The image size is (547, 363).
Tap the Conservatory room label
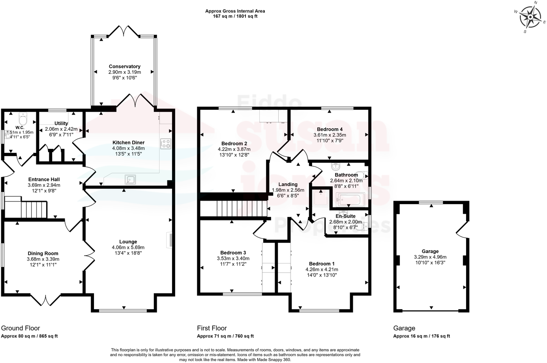point(124,66)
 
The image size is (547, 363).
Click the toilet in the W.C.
point(23,118)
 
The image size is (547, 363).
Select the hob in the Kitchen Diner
point(165,144)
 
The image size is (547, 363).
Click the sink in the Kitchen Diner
point(130,180)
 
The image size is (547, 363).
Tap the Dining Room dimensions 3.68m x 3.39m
point(43,259)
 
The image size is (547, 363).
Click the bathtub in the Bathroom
point(350,200)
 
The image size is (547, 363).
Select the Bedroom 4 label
point(330,129)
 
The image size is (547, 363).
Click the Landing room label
point(288,184)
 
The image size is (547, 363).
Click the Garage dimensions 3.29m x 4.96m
point(430,257)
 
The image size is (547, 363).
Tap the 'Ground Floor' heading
point(21,328)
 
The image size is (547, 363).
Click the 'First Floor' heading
point(212,328)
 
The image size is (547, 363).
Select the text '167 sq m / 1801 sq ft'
point(235,17)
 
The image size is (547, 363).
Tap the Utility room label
point(61,123)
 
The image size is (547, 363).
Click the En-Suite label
point(345,216)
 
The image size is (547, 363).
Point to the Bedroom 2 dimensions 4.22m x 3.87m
point(234,149)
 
